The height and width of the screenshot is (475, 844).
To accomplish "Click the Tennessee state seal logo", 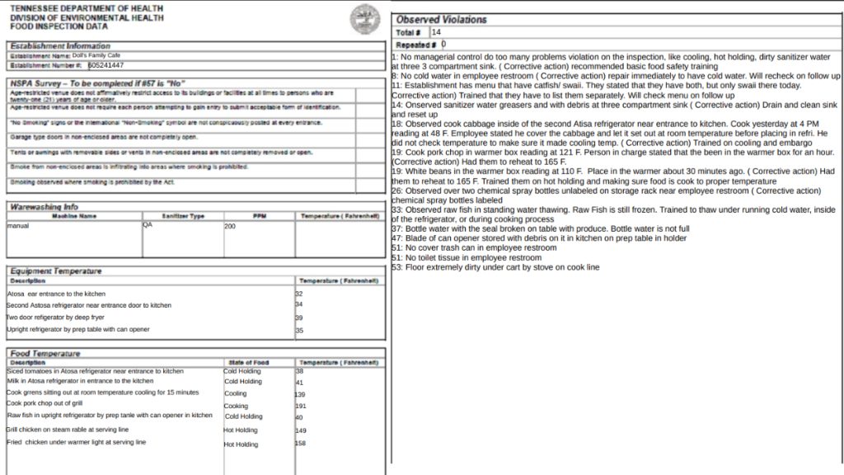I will [364, 18].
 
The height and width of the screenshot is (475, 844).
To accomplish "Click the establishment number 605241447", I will [106, 65].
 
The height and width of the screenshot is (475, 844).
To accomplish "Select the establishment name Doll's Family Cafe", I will [96, 55].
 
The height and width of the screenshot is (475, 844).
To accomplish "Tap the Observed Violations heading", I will [441, 19].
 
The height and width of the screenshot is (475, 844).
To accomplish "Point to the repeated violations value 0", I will [443, 44].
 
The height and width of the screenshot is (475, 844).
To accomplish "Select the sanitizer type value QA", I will [148, 224].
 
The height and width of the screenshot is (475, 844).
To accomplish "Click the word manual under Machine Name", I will [18, 225].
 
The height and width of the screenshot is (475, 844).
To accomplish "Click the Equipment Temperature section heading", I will [56, 270].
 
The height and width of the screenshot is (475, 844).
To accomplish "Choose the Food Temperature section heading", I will [45, 353].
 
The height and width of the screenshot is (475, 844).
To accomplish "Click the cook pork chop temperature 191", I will [301, 406].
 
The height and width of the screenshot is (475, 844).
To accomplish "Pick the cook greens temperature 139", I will [300, 394].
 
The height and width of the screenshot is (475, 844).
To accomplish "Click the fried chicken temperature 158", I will [301, 444].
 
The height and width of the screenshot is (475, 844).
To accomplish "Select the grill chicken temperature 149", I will [301, 430].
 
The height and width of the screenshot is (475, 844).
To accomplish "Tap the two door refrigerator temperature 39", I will [299, 317].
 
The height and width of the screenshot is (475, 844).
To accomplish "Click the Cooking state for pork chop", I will [236, 406].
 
